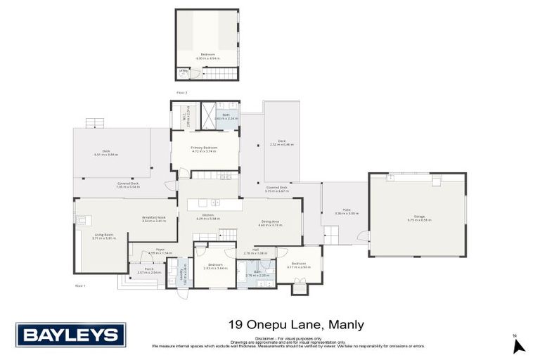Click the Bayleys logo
(x=70, y=335)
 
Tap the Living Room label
(x=104, y=236)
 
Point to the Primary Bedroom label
(x=204, y=149)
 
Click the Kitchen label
(x=208, y=217)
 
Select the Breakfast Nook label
(x=153, y=219)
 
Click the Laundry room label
(x=184, y=271)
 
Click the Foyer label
(x=160, y=251)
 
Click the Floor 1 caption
(x=79, y=285)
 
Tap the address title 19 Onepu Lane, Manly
(x=297, y=325)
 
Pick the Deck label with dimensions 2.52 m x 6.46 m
(x=281, y=143)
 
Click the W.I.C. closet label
(x=182, y=114)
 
